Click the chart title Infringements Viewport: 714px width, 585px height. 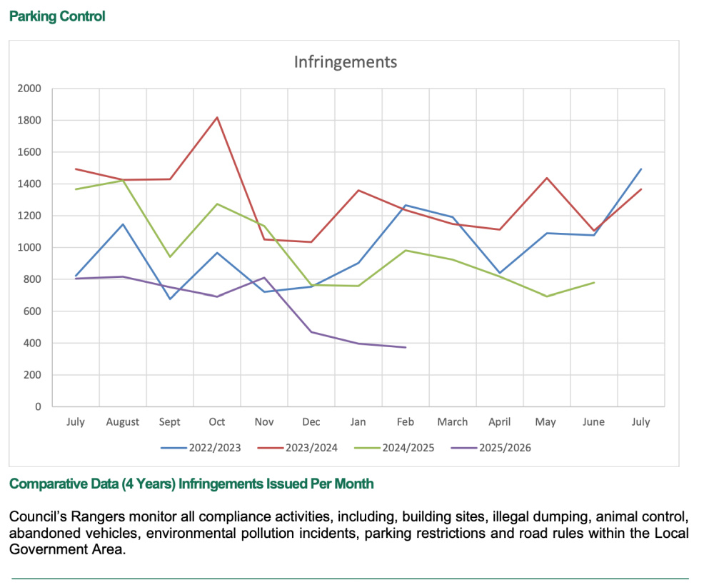pyautogui.click(x=345, y=62)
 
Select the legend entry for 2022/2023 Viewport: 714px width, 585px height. pyautogui.click(x=214, y=449)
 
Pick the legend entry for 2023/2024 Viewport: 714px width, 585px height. pyautogui.click(x=311, y=449)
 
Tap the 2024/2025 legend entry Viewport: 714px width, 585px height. pyautogui.click(x=408, y=449)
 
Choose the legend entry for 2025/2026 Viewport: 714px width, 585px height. pyautogui.click(x=505, y=449)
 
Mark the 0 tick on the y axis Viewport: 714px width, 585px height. pyautogui.click(x=38, y=407)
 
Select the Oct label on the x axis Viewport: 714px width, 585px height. pyautogui.click(x=217, y=422)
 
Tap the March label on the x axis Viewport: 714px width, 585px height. pyautogui.click(x=453, y=422)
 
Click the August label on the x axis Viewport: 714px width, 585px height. pyautogui.click(x=123, y=422)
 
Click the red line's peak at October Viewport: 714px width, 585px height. pyautogui.click(x=217, y=117)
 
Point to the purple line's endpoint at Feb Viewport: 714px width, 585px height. pyautogui.click(x=406, y=347)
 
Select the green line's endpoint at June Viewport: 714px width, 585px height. pyautogui.click(x=594, y=282)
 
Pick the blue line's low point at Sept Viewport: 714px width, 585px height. pyautogui.click(x=170, y=299)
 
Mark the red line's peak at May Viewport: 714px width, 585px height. pyautogui.click(x=547, y=178)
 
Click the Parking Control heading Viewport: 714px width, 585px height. pyautogui.click(x=57, y=16)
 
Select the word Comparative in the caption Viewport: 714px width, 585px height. pyautogui.click(x=46, y=484)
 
